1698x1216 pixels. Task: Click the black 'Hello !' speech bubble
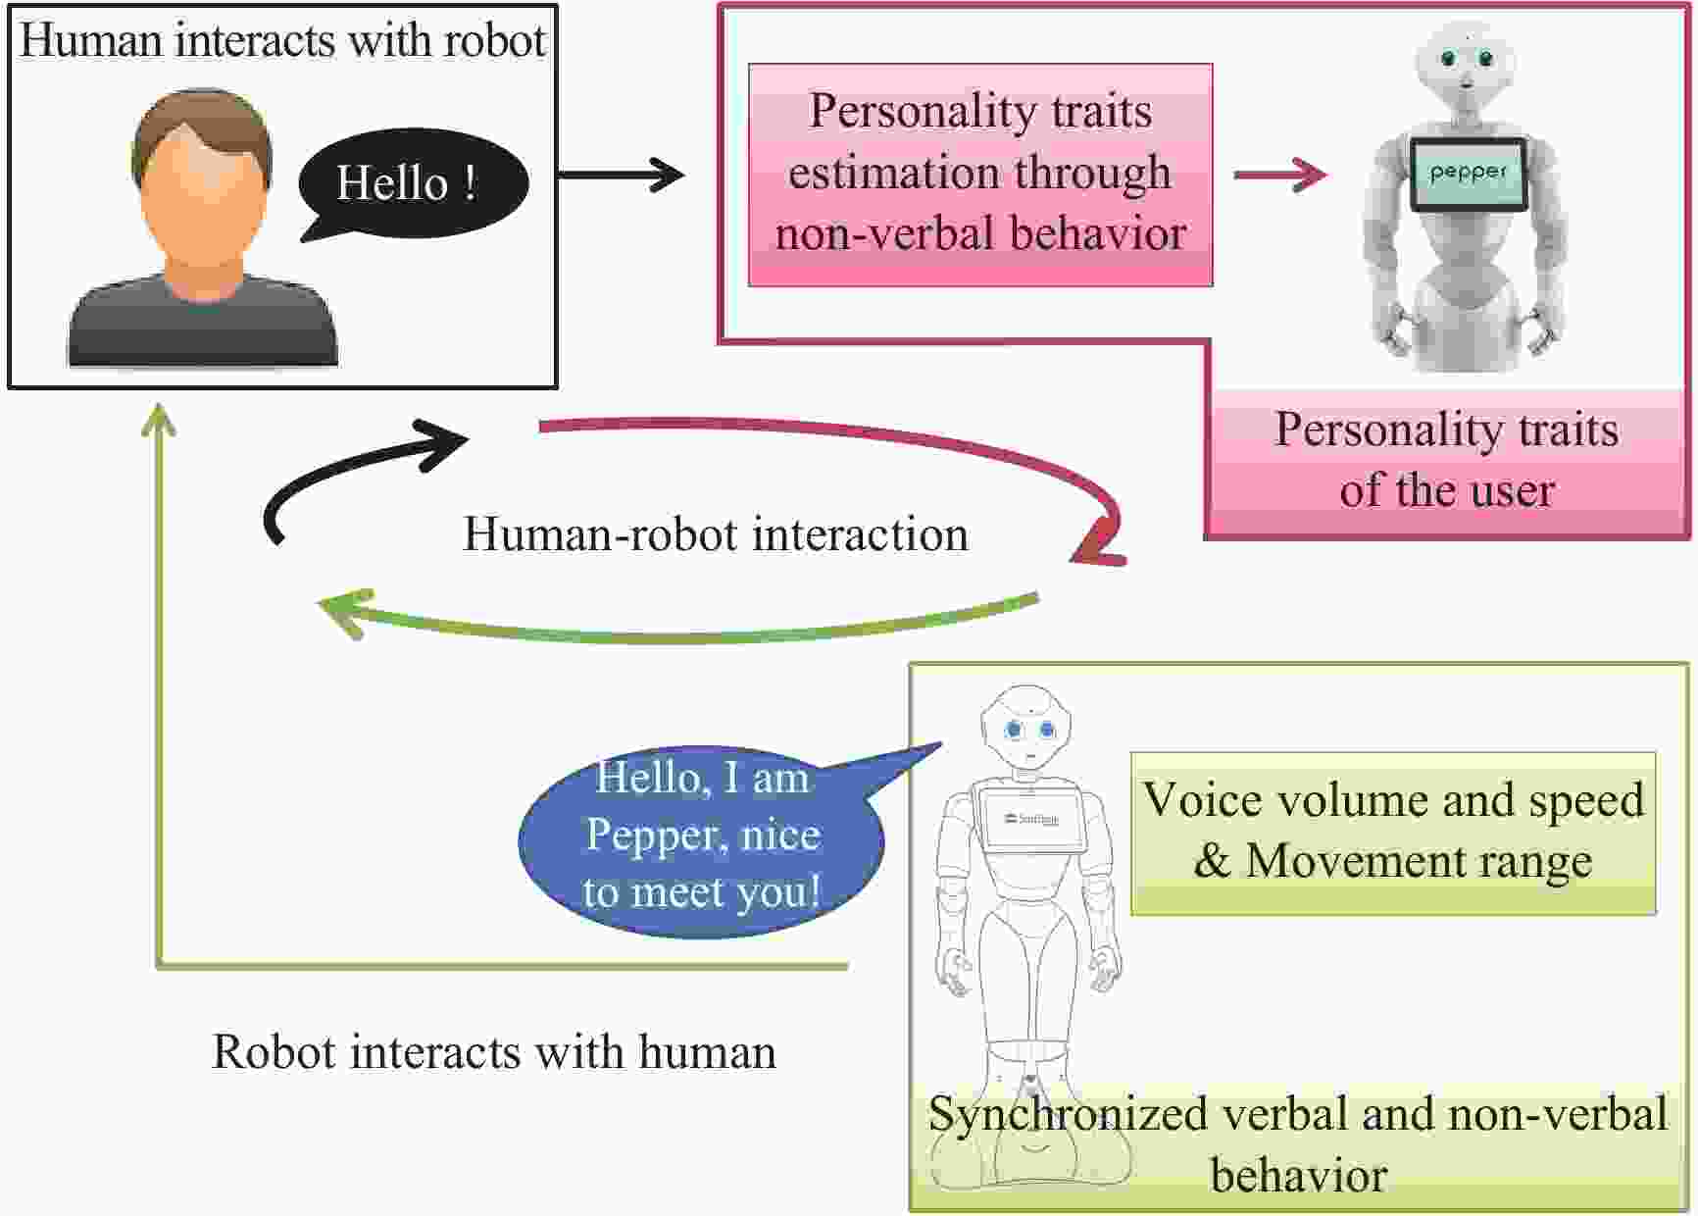pyautogui.click(x=412, y=183)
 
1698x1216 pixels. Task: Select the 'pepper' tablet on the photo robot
pyautogui.click(x=1468, y=175)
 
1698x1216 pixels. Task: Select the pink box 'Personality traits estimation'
pyautogui.click(x=979, y=175)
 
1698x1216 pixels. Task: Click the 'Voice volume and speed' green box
pyautogui.click(x=1392, y=833)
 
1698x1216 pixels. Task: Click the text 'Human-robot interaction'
pyautogui.click(x=715, y=534)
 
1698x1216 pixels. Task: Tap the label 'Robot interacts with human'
pyautogui.click(x=493, y=1051)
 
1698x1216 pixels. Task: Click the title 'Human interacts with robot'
pyautogui.click(x=282, y=40)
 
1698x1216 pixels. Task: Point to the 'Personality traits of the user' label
pyautogui.click(x=1446, y=459)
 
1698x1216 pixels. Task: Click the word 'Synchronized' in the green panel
pyautogui.click(x=1068, y=1114)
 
